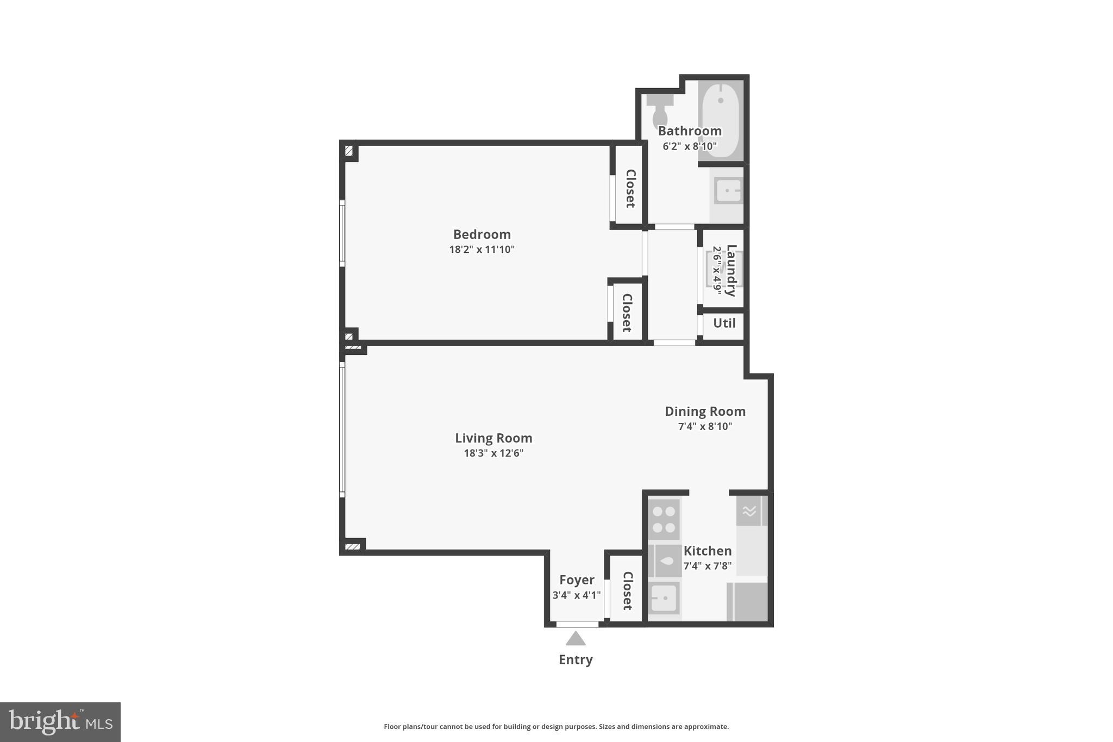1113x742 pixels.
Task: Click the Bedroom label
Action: coord(482,234)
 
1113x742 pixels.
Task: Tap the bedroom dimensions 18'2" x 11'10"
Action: coord(482,250)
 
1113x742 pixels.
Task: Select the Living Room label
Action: coord(493,438)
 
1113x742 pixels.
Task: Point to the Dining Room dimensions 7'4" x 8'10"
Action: coord(705,427)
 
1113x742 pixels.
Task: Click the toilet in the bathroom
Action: coord(660,111)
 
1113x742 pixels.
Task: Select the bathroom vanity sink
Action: coord(728,191)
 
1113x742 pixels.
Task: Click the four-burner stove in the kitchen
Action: coord(664,519)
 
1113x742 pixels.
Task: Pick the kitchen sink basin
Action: coord(664,598)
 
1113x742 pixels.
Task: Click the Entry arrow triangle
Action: coord(576,639)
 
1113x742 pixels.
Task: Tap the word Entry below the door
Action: coord(576,659)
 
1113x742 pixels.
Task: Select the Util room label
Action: coord(724,323)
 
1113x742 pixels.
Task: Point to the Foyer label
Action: coord(577,580)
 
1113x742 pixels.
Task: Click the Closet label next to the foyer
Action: coord(627,590)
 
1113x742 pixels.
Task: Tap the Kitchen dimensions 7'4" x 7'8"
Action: coord(707,566)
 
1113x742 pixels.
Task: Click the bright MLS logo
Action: coord(60,722)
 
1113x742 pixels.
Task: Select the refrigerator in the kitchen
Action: coord(747,602)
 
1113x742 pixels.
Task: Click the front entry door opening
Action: coord(577,625)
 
